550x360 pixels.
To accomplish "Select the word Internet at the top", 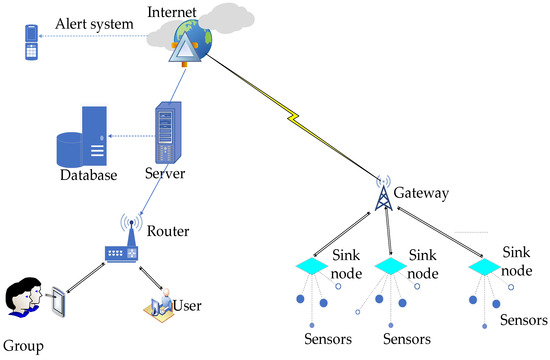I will (x=174, y=12).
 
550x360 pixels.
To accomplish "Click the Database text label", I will (x=84, y=176).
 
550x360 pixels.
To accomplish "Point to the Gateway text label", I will (x=422, y=191).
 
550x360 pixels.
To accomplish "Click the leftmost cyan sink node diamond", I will (x=310, y=265).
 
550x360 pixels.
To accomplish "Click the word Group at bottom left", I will (x=23, y=347).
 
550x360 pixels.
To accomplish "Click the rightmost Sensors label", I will (x=522, y=319).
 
